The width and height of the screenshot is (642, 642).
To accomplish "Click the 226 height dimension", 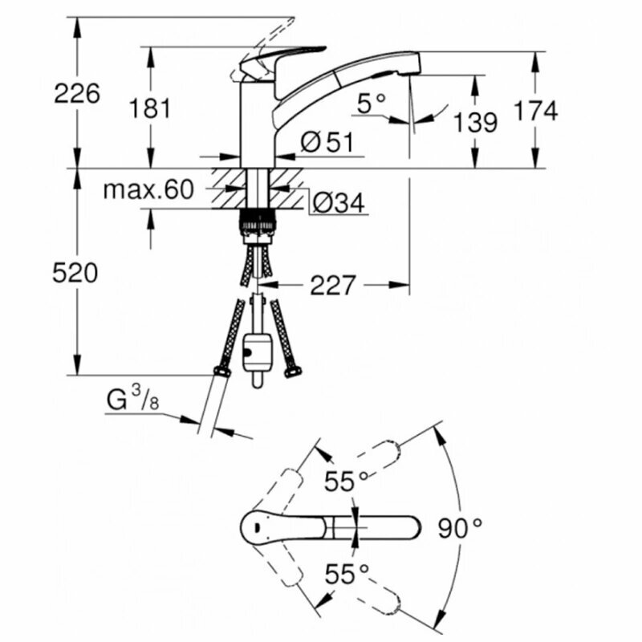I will click(x=77, y=93).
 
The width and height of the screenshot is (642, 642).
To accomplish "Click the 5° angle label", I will click(x=372, y=103).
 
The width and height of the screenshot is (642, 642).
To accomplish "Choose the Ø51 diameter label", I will click(x=327, y=142).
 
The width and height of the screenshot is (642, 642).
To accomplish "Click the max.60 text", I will click(x=149, y=190).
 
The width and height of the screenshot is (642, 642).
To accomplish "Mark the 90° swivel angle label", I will click(x=461, y=527).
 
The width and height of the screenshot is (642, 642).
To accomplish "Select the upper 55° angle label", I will click(x=345, y=481).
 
